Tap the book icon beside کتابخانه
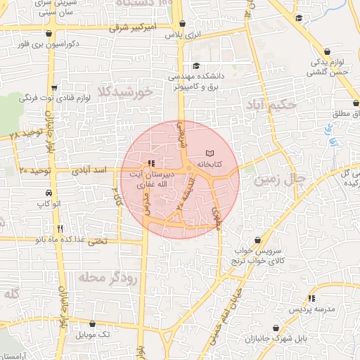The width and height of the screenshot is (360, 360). [208, 153]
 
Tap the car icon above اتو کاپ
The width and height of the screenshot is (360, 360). [48, 193]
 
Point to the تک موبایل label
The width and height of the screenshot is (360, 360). [95, 334]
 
